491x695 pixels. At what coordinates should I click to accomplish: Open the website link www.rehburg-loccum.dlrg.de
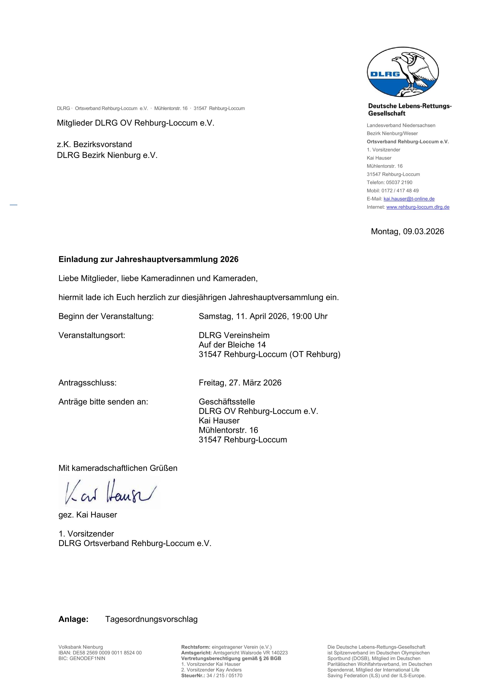click(418, 207)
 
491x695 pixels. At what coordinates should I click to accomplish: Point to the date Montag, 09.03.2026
click(407, 232)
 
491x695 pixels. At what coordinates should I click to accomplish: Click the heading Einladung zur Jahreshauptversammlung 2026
click(148, 259)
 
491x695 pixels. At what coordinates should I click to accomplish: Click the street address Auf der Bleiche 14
click(232, 345)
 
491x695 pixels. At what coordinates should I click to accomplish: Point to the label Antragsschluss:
click(88, 383)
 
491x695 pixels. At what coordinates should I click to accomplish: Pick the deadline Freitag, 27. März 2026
click(240, 383)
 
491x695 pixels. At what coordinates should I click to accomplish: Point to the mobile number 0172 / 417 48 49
click(400, 191)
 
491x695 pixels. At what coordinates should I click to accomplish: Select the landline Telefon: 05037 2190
click(389, 182)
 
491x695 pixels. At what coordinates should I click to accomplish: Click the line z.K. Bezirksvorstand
click(94, 144)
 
